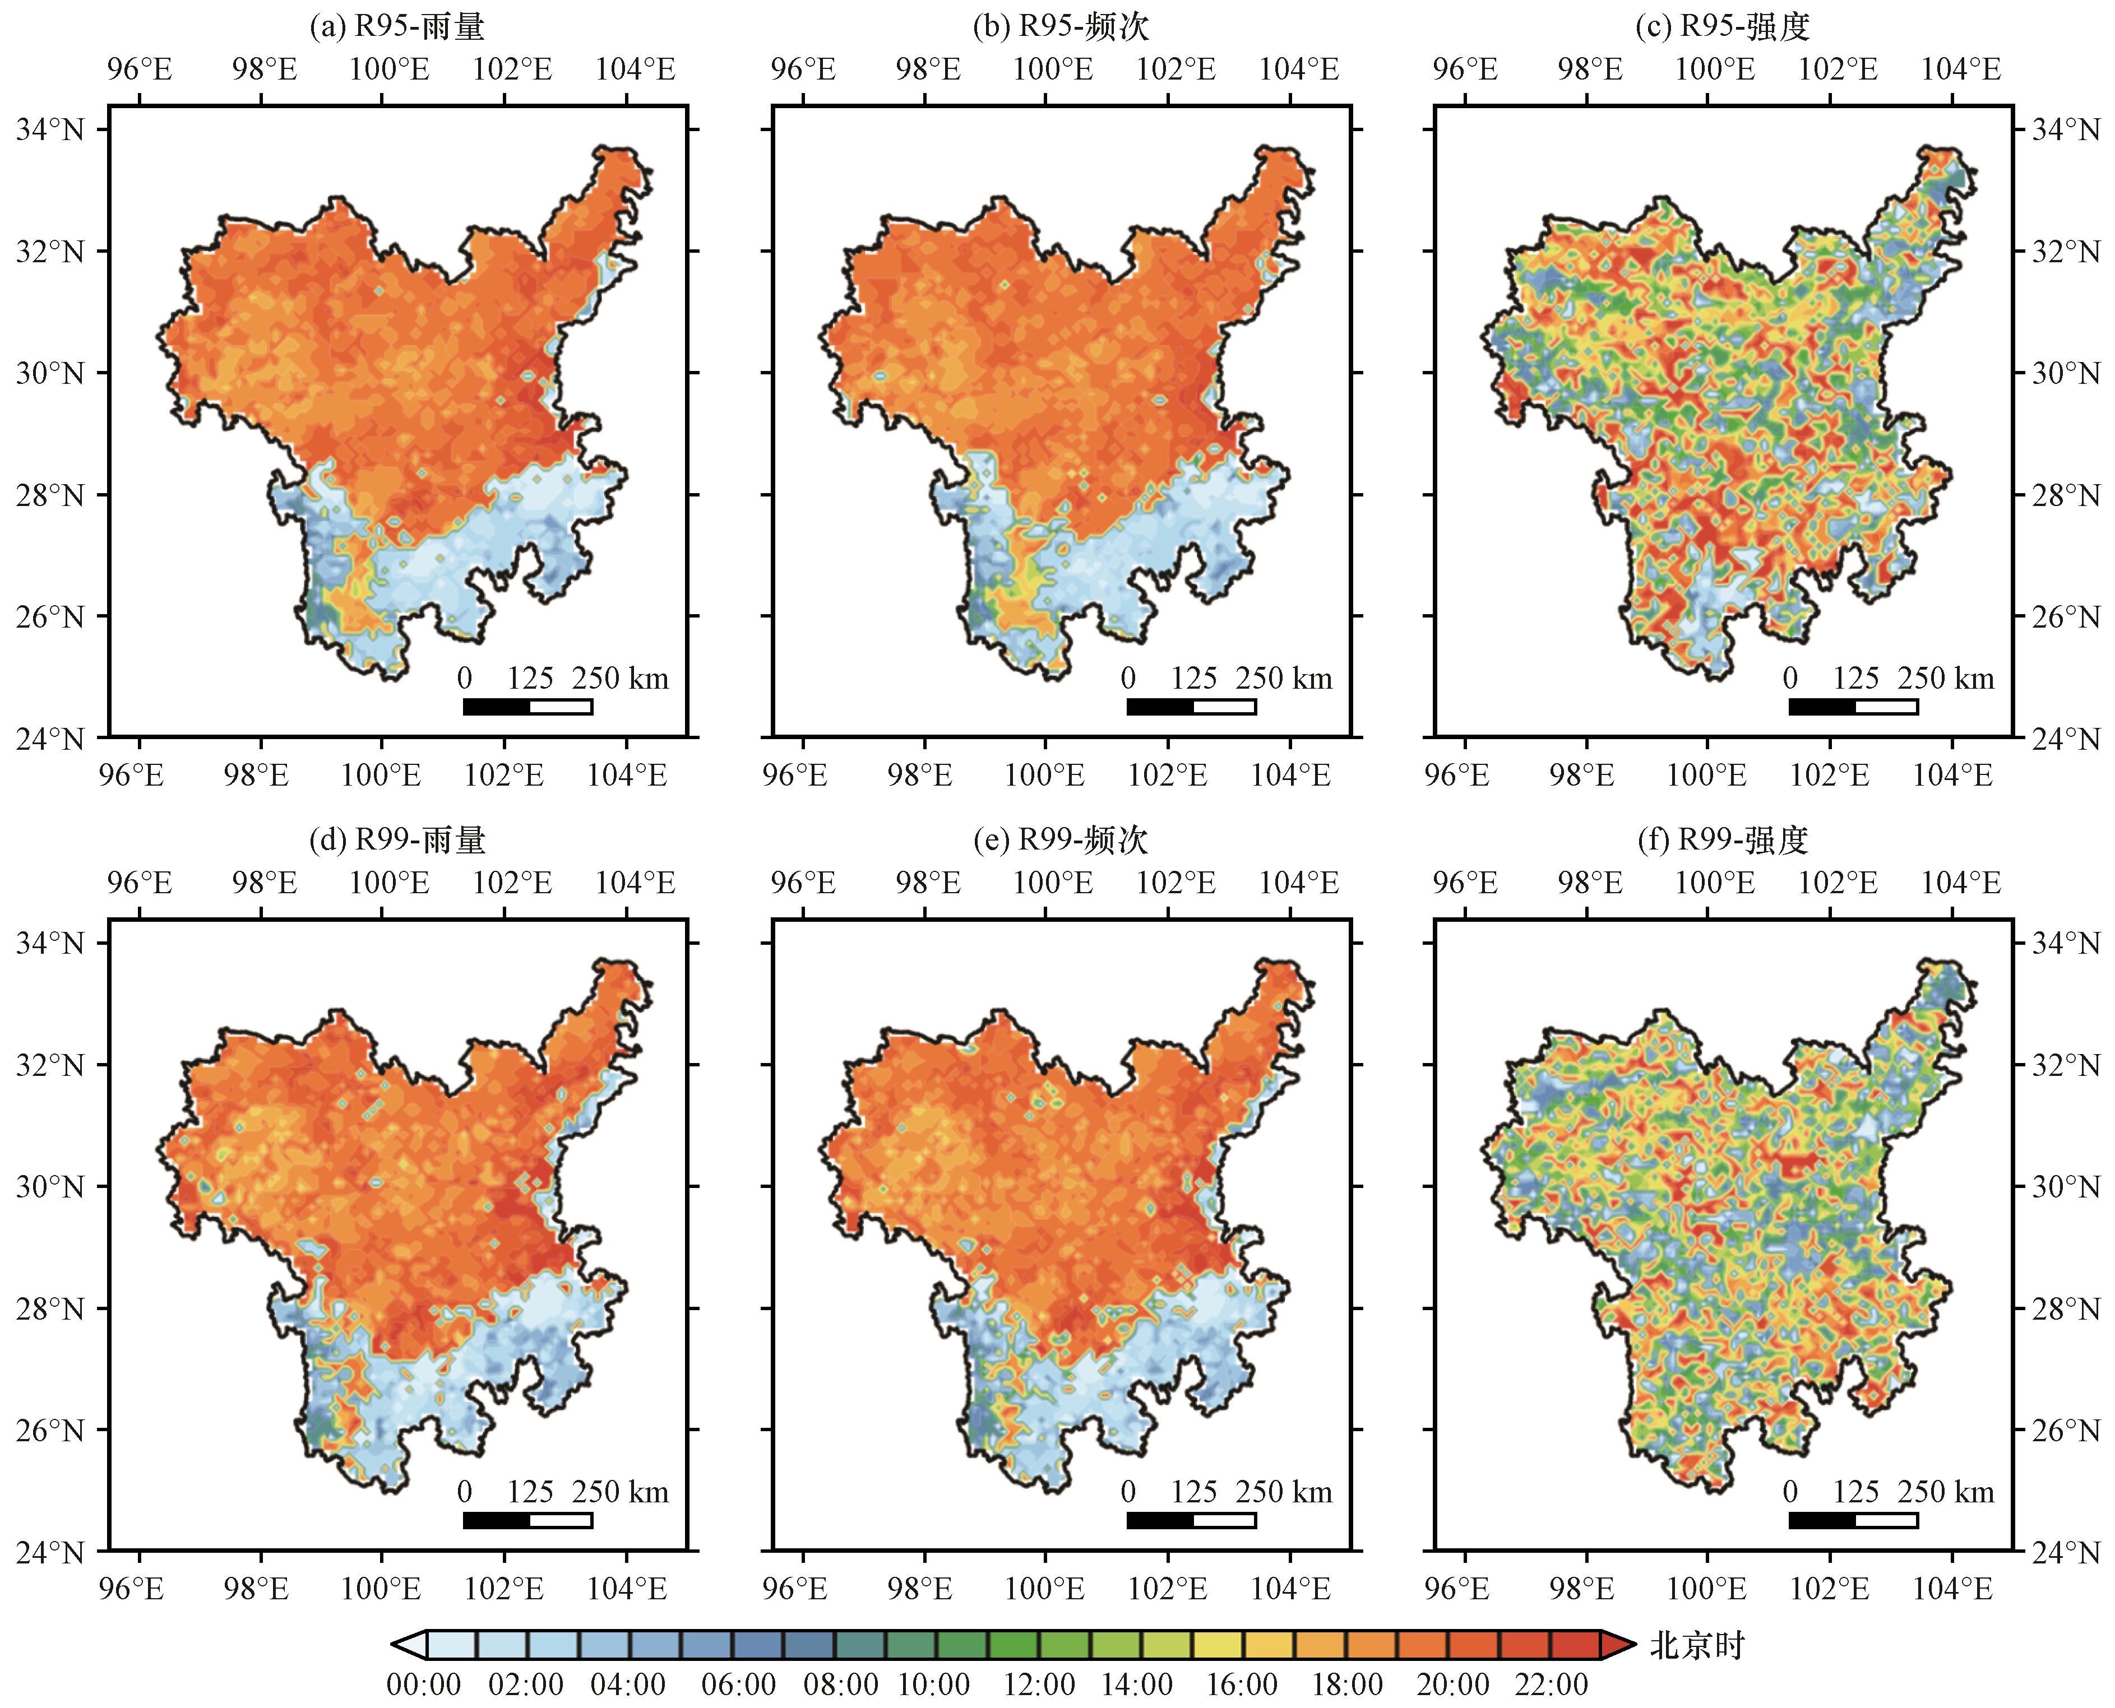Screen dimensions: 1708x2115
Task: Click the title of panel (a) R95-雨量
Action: [x=397, y=26]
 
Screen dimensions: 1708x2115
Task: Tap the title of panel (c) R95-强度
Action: [x=1722, y=26]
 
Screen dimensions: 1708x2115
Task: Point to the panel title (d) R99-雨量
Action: [x=397, y=839]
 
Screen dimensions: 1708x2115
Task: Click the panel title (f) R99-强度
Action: [x=1722, y=839]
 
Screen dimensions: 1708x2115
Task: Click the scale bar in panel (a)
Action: [x=527, y=707]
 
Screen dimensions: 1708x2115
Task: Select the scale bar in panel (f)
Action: [x=1853, y=1520]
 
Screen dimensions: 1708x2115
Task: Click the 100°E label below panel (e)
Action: [x=1044, y=1588]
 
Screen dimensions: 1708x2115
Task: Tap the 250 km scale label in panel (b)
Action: [x=1284, y=678]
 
